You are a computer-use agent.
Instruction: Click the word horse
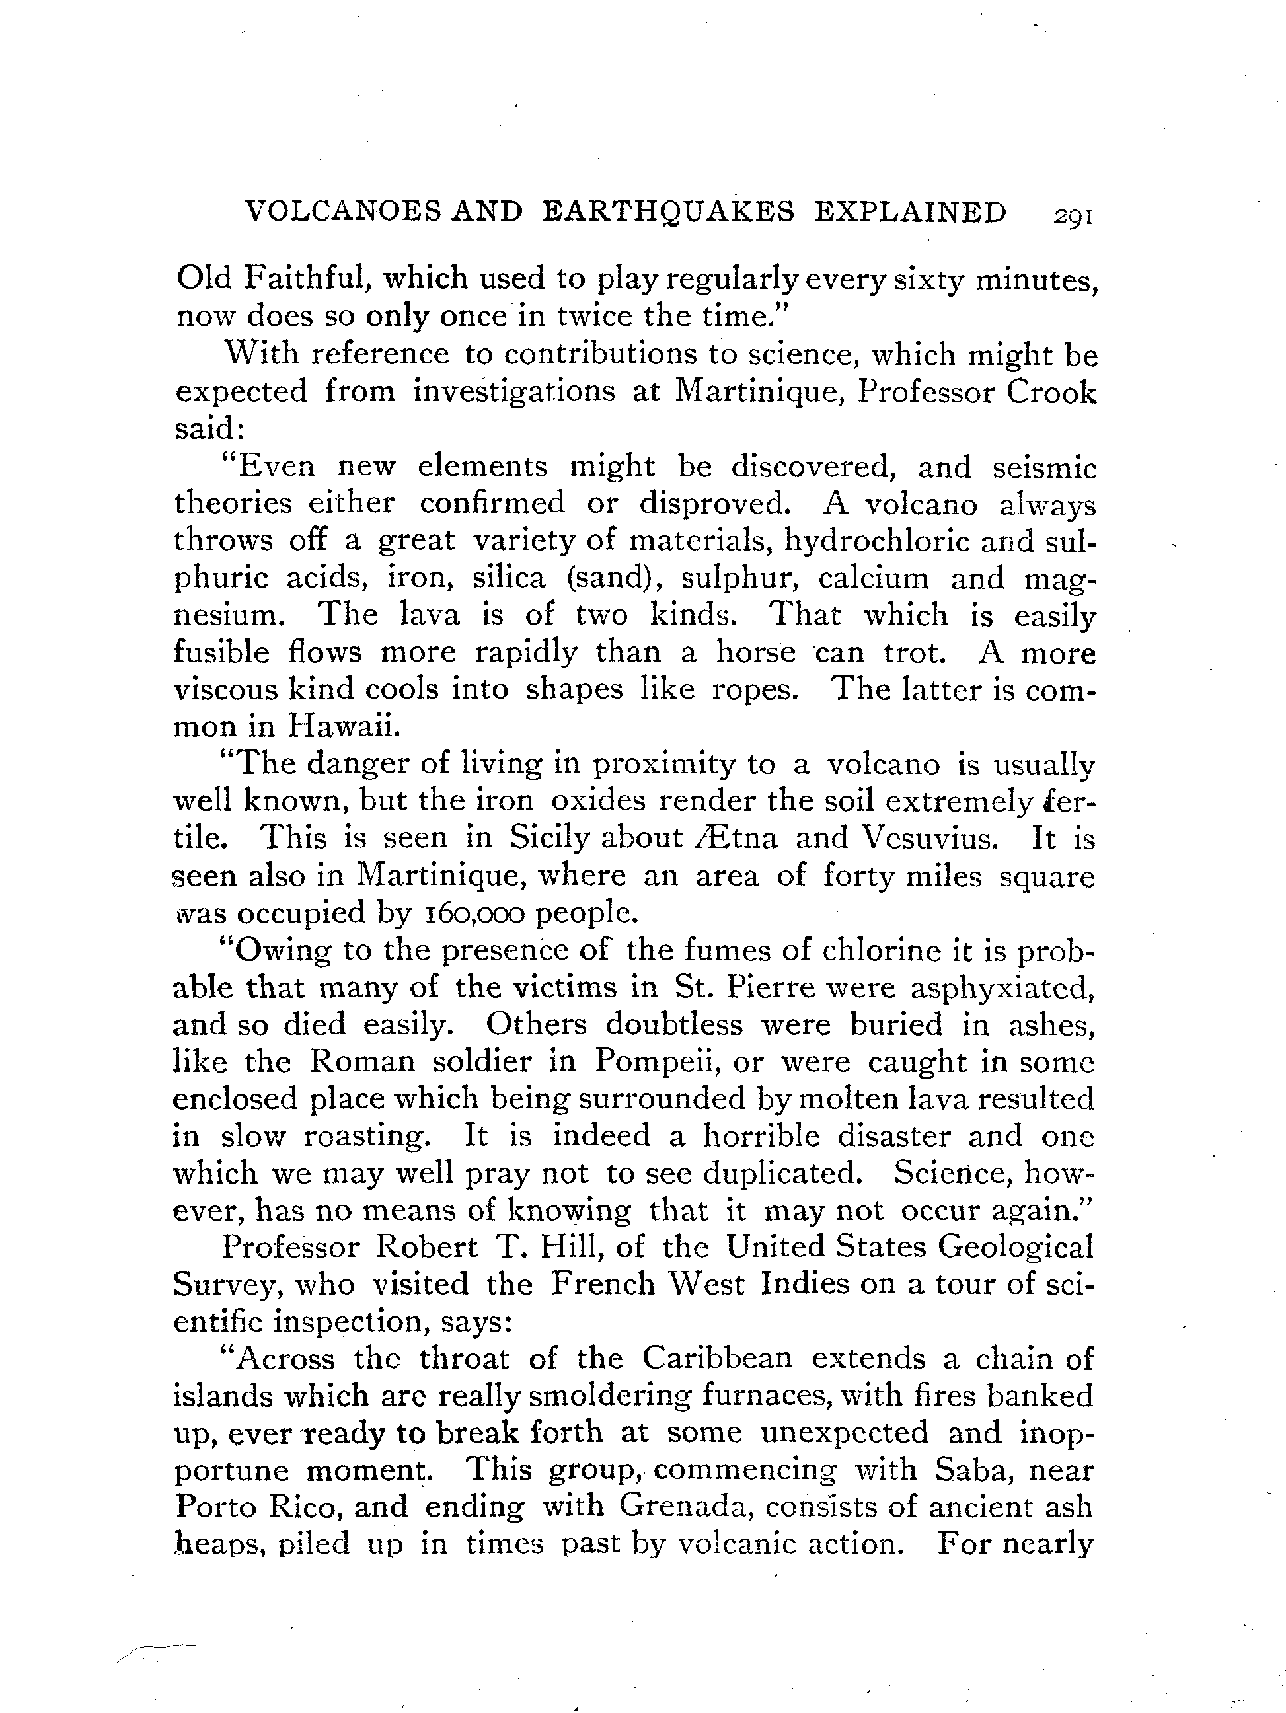coord(755,652)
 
